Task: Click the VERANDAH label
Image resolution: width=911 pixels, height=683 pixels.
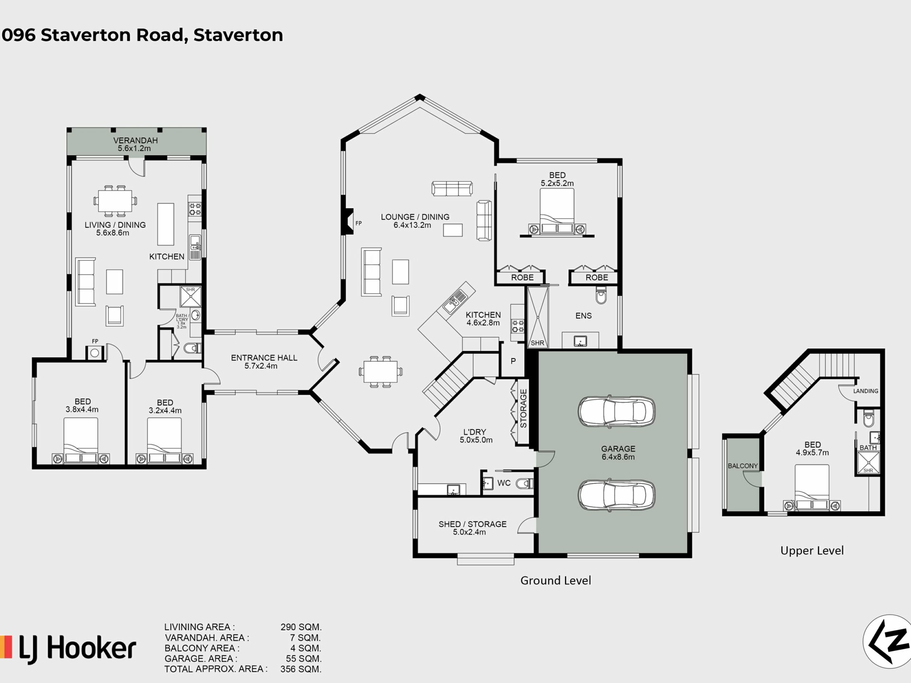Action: coord(135,140)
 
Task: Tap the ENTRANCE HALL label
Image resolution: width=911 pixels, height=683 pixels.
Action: coord(264,358)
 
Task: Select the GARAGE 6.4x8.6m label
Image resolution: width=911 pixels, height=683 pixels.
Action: coord(618,452)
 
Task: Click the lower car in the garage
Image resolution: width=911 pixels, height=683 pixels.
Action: coord(616,496)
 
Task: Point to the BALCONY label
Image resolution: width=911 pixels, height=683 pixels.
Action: coord(743,466)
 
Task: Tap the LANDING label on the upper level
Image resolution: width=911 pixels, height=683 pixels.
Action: coord(865,391)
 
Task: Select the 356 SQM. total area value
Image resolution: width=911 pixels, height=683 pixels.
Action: coord(300,669)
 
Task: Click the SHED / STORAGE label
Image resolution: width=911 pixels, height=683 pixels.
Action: coord(472,524)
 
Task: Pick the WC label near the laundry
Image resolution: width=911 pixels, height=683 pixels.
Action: coord(504,483)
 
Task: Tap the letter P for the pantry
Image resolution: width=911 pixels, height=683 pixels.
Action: coord(513,361)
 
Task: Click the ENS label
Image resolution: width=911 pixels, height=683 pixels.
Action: coord(583,315)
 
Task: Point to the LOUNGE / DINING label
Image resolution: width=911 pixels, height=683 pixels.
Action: coord(415,217)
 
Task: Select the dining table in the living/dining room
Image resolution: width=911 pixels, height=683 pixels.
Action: coord(115,200)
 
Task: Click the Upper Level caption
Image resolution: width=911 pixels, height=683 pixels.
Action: coord(812,551)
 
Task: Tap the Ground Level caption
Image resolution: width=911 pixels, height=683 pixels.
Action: coord(556,581)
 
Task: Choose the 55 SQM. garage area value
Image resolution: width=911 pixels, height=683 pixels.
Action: coord(303,658)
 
